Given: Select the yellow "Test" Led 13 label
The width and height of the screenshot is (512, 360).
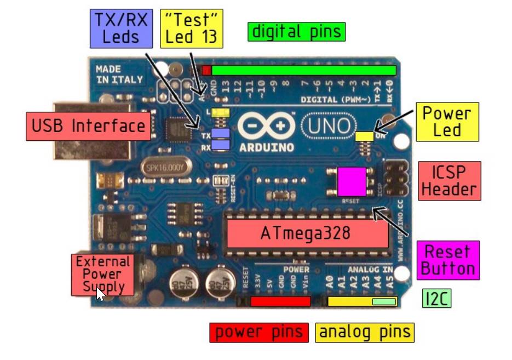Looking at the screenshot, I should (x=191, y=28).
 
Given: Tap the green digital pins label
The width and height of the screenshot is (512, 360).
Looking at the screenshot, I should (x=296, y=32).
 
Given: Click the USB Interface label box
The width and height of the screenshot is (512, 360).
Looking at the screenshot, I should (x=88, y=126).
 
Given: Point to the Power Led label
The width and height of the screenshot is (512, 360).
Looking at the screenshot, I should (x=447, y=122).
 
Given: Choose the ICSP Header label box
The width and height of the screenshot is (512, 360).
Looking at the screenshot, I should (x=449, y=181).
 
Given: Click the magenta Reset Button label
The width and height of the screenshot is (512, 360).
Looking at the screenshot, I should (x=447, y=260).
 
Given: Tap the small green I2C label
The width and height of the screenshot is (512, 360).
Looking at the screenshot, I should (x=437, y=299).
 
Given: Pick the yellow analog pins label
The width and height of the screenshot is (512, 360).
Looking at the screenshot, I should (x=365, y=332).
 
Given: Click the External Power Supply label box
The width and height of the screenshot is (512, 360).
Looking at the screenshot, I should (x=103, y=273).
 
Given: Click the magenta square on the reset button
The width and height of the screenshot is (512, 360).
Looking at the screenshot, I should (x=352, y=181).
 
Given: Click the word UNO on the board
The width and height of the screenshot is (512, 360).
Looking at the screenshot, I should (x=327, y=127).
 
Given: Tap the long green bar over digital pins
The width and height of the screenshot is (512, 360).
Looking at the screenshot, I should (x=303, y=70).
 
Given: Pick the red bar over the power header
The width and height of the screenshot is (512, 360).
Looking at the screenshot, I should (x=280, y=301).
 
